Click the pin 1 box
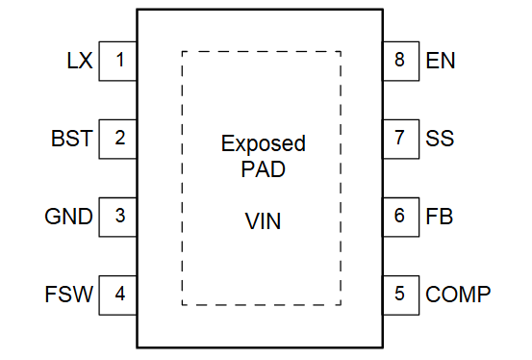[x=118, y=61]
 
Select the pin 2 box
[x=118, y=139]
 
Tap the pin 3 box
[x=118, y=217]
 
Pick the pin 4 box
[x=118, y=294]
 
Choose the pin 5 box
[x=400, y=294]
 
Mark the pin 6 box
[x=400, y=217]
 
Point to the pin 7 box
[x=400, y=139]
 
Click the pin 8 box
[x=400, y=61]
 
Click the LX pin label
[x=80, y=61]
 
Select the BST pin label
[x=72, y=139]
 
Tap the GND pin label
[x=69, y=217]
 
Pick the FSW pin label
[x=69, y=294]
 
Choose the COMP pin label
[x=458, y=294]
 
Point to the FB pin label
[x=439, y=217]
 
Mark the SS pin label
[x=440, y=139]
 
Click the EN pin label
[x=441, y=61]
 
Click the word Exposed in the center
[x=263, y=144]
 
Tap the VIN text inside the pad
[x=263, y=222]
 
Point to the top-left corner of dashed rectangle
[x=183, y=52]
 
